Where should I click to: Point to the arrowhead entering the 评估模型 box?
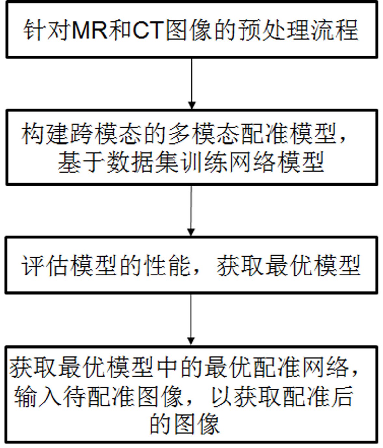pos(191,232)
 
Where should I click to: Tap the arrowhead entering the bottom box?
pos(191,341)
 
